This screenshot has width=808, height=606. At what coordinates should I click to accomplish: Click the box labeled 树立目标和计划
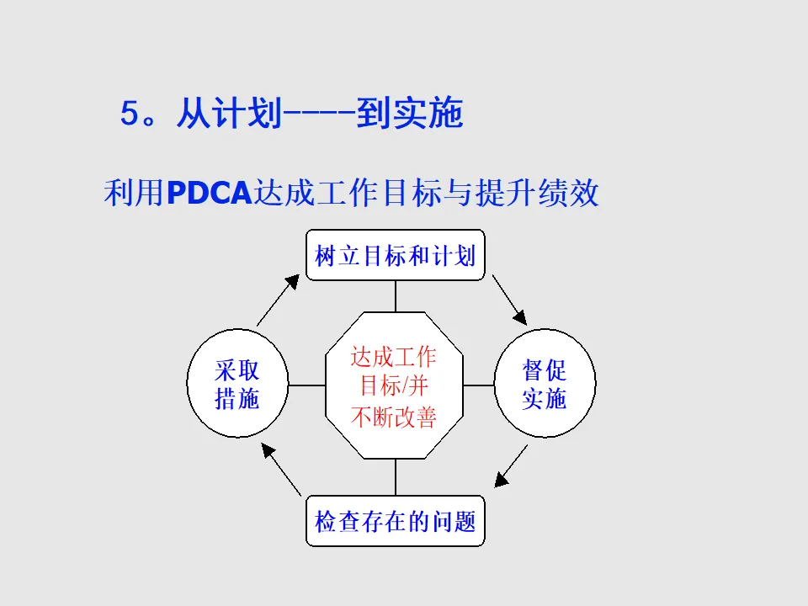(395, 255)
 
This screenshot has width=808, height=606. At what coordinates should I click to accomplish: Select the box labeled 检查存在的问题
(395, 521)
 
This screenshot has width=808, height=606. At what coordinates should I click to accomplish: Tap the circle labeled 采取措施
(237, 385)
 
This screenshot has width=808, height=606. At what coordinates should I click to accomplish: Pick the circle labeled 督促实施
(545, 385)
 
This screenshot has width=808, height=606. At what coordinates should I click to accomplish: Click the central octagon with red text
(394, 385)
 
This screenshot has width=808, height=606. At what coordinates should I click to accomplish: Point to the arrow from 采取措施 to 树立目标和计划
(278, 300)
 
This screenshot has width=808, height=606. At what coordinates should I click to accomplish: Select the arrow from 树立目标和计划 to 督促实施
(509, 300)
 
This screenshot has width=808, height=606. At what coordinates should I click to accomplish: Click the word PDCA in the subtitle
(210, 194)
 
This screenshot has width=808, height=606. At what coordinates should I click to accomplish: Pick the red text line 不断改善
(394, 417)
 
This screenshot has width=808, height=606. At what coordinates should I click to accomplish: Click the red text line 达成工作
(394, 356)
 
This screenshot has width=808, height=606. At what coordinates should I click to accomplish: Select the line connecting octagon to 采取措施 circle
(306, 385)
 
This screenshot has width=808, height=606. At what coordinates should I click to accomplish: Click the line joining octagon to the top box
(395, 295)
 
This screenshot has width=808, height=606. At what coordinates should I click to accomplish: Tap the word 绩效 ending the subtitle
(572, 194)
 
